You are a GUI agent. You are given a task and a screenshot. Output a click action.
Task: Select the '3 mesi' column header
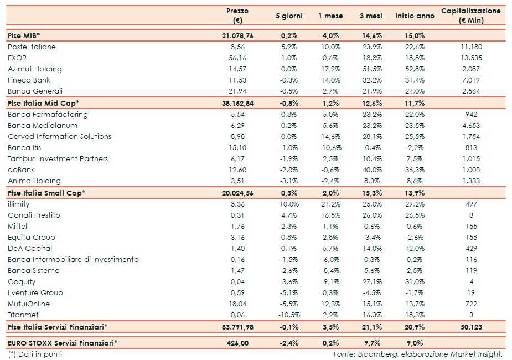pyautogui.click(x=370, y=16)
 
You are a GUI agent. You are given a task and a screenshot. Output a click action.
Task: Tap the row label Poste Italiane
pyautogui.click(x=32, y=47)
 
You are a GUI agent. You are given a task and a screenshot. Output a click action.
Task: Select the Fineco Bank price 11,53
pyautogui.click(x=237, y=80)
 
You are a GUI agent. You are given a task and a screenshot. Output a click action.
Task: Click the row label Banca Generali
pyautogui.click(x=35, y=91)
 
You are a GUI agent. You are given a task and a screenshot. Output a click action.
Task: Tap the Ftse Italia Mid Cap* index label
pyautogui.click(x=44, y=103)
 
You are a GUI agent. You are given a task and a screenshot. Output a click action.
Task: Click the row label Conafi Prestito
pyautogui.click(x=34, y=215)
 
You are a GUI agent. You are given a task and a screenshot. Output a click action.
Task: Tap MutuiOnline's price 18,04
pyautogui.click(x=237, y=304)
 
